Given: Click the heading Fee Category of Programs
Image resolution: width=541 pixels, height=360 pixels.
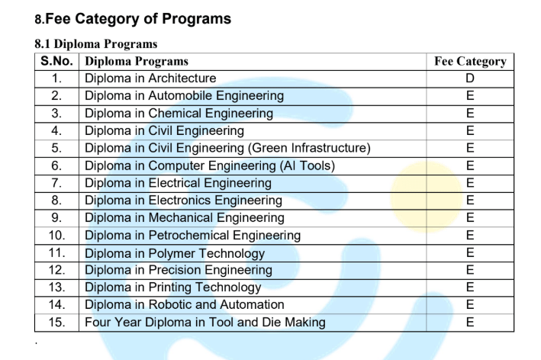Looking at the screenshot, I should coord(137,18).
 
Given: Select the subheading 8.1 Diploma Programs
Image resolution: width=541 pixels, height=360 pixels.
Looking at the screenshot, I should coord(96,44).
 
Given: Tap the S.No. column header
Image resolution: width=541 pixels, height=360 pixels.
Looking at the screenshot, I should coord(57,61).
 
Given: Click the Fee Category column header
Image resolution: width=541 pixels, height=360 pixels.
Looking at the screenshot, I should coord(469,61).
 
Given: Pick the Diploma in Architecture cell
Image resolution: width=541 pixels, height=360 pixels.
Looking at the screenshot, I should coord(150,79).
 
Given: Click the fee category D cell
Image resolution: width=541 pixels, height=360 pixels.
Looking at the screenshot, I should coord(469,79).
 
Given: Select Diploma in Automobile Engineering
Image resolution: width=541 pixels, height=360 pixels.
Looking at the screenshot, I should coord(184,96).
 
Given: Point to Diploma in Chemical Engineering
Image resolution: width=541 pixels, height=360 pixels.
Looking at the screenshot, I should coord(179,114).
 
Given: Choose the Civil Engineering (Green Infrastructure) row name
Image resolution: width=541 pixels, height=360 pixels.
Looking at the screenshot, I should coord(227,148).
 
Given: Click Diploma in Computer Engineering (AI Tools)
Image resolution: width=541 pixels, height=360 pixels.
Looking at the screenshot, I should coord(210,166).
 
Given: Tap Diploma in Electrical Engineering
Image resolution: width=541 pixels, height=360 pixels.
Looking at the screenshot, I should coord(178,183).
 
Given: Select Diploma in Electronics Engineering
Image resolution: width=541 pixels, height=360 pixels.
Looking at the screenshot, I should coord(183,201).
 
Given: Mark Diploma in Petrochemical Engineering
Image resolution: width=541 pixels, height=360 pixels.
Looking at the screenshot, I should coord(192,235).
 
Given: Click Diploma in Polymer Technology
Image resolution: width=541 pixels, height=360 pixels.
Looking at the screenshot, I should coord(175,253).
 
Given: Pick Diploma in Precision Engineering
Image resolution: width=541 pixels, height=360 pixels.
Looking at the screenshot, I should coord(179,270).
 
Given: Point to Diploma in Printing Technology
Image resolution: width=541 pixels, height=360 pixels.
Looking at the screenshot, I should coord(173,288).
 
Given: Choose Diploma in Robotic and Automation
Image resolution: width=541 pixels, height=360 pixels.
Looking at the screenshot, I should coord(185,305).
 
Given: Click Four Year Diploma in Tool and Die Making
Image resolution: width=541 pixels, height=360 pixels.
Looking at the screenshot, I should coord(204,322).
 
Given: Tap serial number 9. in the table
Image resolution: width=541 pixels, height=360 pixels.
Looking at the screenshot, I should coord(57,218).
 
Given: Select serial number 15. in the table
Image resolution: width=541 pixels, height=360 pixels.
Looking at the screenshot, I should coord(57,322).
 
